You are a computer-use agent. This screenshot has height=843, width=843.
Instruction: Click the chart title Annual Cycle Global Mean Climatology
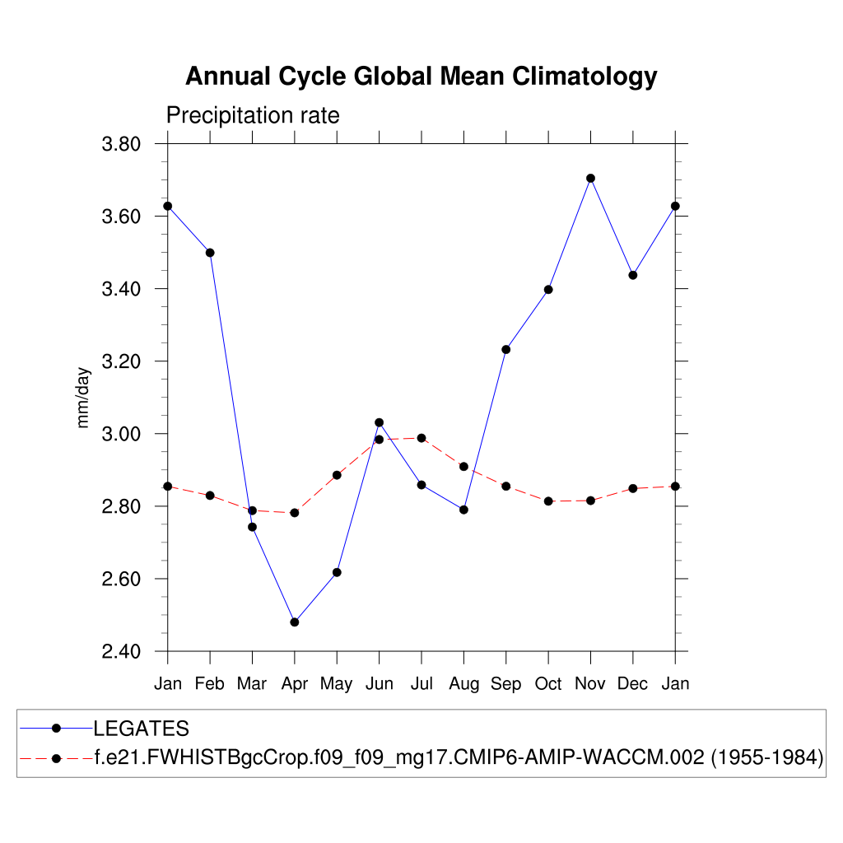[421, 77]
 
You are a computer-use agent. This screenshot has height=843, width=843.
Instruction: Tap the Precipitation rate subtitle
[253, 115]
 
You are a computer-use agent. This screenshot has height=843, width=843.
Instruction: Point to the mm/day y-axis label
[83, 398]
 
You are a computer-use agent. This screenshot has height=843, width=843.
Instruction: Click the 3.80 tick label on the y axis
[122, 145]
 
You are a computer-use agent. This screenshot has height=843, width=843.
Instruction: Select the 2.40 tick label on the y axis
[122, 652]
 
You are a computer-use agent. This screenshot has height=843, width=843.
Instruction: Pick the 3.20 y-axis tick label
[122, 362]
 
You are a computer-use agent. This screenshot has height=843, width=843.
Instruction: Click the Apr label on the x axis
[294, 684]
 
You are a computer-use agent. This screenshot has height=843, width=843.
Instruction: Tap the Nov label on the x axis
[590, 684]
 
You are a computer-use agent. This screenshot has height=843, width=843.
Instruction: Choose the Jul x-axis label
[421, 684]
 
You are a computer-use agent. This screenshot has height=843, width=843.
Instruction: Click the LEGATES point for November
[590, 178]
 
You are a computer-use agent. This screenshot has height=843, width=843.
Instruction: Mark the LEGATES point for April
[295, 622]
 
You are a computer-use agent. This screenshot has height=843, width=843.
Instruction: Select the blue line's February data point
[210, 253]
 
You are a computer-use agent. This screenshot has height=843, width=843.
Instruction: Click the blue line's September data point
[505, 350]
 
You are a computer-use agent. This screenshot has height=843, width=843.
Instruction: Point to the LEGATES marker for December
[633, 275]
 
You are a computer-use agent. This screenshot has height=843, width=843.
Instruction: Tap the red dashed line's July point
[421, 438]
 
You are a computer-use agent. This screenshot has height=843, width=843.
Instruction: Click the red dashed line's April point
[295, 513]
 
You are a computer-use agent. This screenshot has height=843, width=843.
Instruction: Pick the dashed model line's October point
[548, 501]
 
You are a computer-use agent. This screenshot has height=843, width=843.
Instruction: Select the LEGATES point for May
[337, 572]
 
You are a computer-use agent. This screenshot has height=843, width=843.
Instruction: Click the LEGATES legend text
[142, 729]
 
